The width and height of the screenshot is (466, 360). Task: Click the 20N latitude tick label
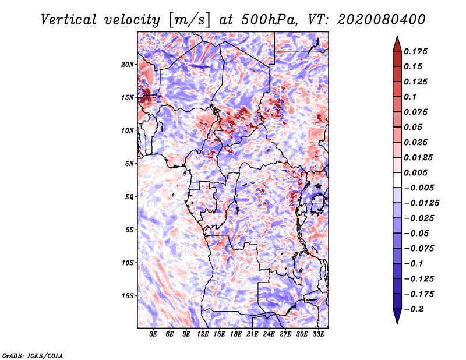(128, 64)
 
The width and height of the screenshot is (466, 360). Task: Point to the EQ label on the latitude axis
(129, 197)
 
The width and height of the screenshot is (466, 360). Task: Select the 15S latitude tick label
(128, 296)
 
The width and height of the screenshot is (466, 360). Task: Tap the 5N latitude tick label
(129, 164)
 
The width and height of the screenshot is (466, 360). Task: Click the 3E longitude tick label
(153, 334)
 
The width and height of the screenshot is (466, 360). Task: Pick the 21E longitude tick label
(253, 334)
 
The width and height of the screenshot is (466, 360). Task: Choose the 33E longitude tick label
(319, 334)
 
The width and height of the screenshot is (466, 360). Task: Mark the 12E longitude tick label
(203, 334)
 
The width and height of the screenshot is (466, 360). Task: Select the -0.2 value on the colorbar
(416, 309)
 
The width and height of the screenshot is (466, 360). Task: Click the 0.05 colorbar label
(414, 127)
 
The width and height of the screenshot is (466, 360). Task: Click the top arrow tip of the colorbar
(396, 38)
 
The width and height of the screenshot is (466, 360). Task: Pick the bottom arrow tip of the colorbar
(396, 322)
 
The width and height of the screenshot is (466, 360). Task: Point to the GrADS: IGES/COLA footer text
(33, 354)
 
